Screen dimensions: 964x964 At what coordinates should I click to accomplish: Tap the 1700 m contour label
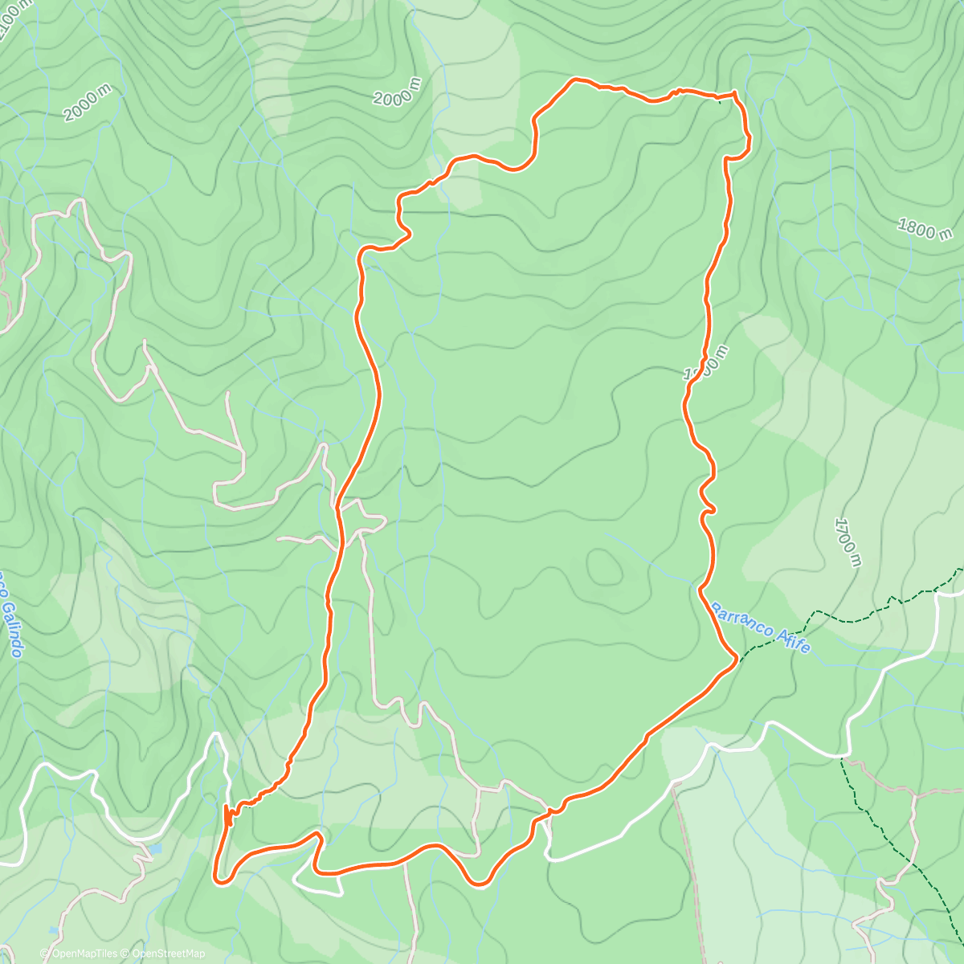pyautogui.click(x=848, y=542)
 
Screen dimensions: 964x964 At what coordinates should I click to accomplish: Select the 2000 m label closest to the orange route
pyautogui.click(x=397, y=92)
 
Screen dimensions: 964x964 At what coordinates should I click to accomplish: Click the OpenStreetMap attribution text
pyautogui.click(x=164, y=954)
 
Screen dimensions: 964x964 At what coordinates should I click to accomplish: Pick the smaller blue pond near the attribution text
pyautogui.click(x=52, y=929)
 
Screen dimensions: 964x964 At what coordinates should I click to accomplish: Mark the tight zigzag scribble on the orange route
pyautogui.click(x=230, y=815)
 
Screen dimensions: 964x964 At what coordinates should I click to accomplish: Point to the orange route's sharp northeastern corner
pyautogui.click(x=734, y=94)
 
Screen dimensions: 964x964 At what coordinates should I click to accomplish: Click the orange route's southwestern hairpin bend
pyautogui.click(x=219, y=878)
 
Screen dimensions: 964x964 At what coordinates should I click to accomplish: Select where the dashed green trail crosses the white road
pyautogui.click(x=840, y=756)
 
